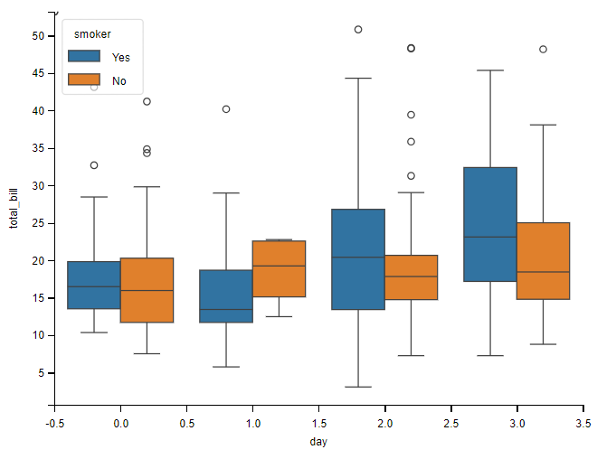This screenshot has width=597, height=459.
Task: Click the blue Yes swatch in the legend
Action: tap(85, 57)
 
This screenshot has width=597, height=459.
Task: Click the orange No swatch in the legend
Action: tap(85, 80)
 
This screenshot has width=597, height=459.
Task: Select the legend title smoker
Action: tap(92, 34)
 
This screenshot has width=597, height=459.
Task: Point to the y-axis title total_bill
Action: tap(14, 205)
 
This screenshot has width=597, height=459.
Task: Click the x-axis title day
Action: tap(318, 441)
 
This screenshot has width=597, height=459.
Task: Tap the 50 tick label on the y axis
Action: tap(38, 36)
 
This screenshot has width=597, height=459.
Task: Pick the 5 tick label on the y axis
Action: tap(41, 373)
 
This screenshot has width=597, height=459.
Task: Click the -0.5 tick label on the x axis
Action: tap(54, 422)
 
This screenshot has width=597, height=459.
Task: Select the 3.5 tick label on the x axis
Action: tap(583, 422)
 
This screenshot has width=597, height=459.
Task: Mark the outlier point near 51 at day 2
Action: tap(358, 30)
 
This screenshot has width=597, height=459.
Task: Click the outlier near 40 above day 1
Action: tap(226, 109)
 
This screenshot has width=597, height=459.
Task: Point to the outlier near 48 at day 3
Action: tap(543, 50)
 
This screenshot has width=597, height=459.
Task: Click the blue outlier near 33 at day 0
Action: tap(94, 165)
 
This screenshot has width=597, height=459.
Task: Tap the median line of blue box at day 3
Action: tap(490, 237)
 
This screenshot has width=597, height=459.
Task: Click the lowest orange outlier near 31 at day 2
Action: tap(411, 176)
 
